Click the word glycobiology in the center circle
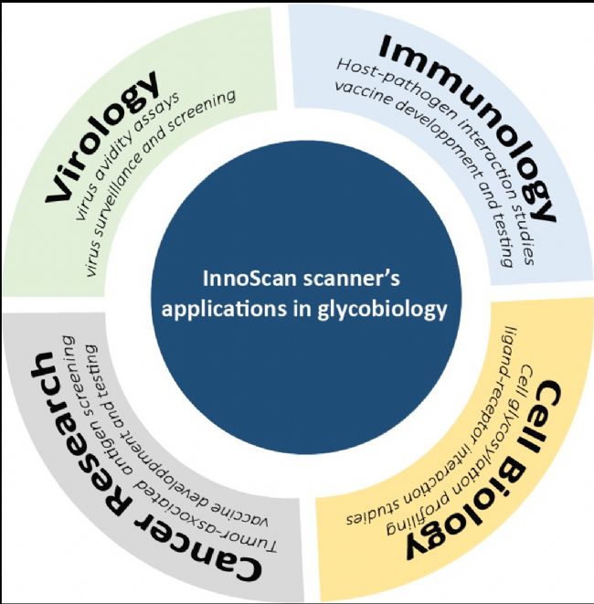[382, 311]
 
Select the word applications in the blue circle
[225, 311]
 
